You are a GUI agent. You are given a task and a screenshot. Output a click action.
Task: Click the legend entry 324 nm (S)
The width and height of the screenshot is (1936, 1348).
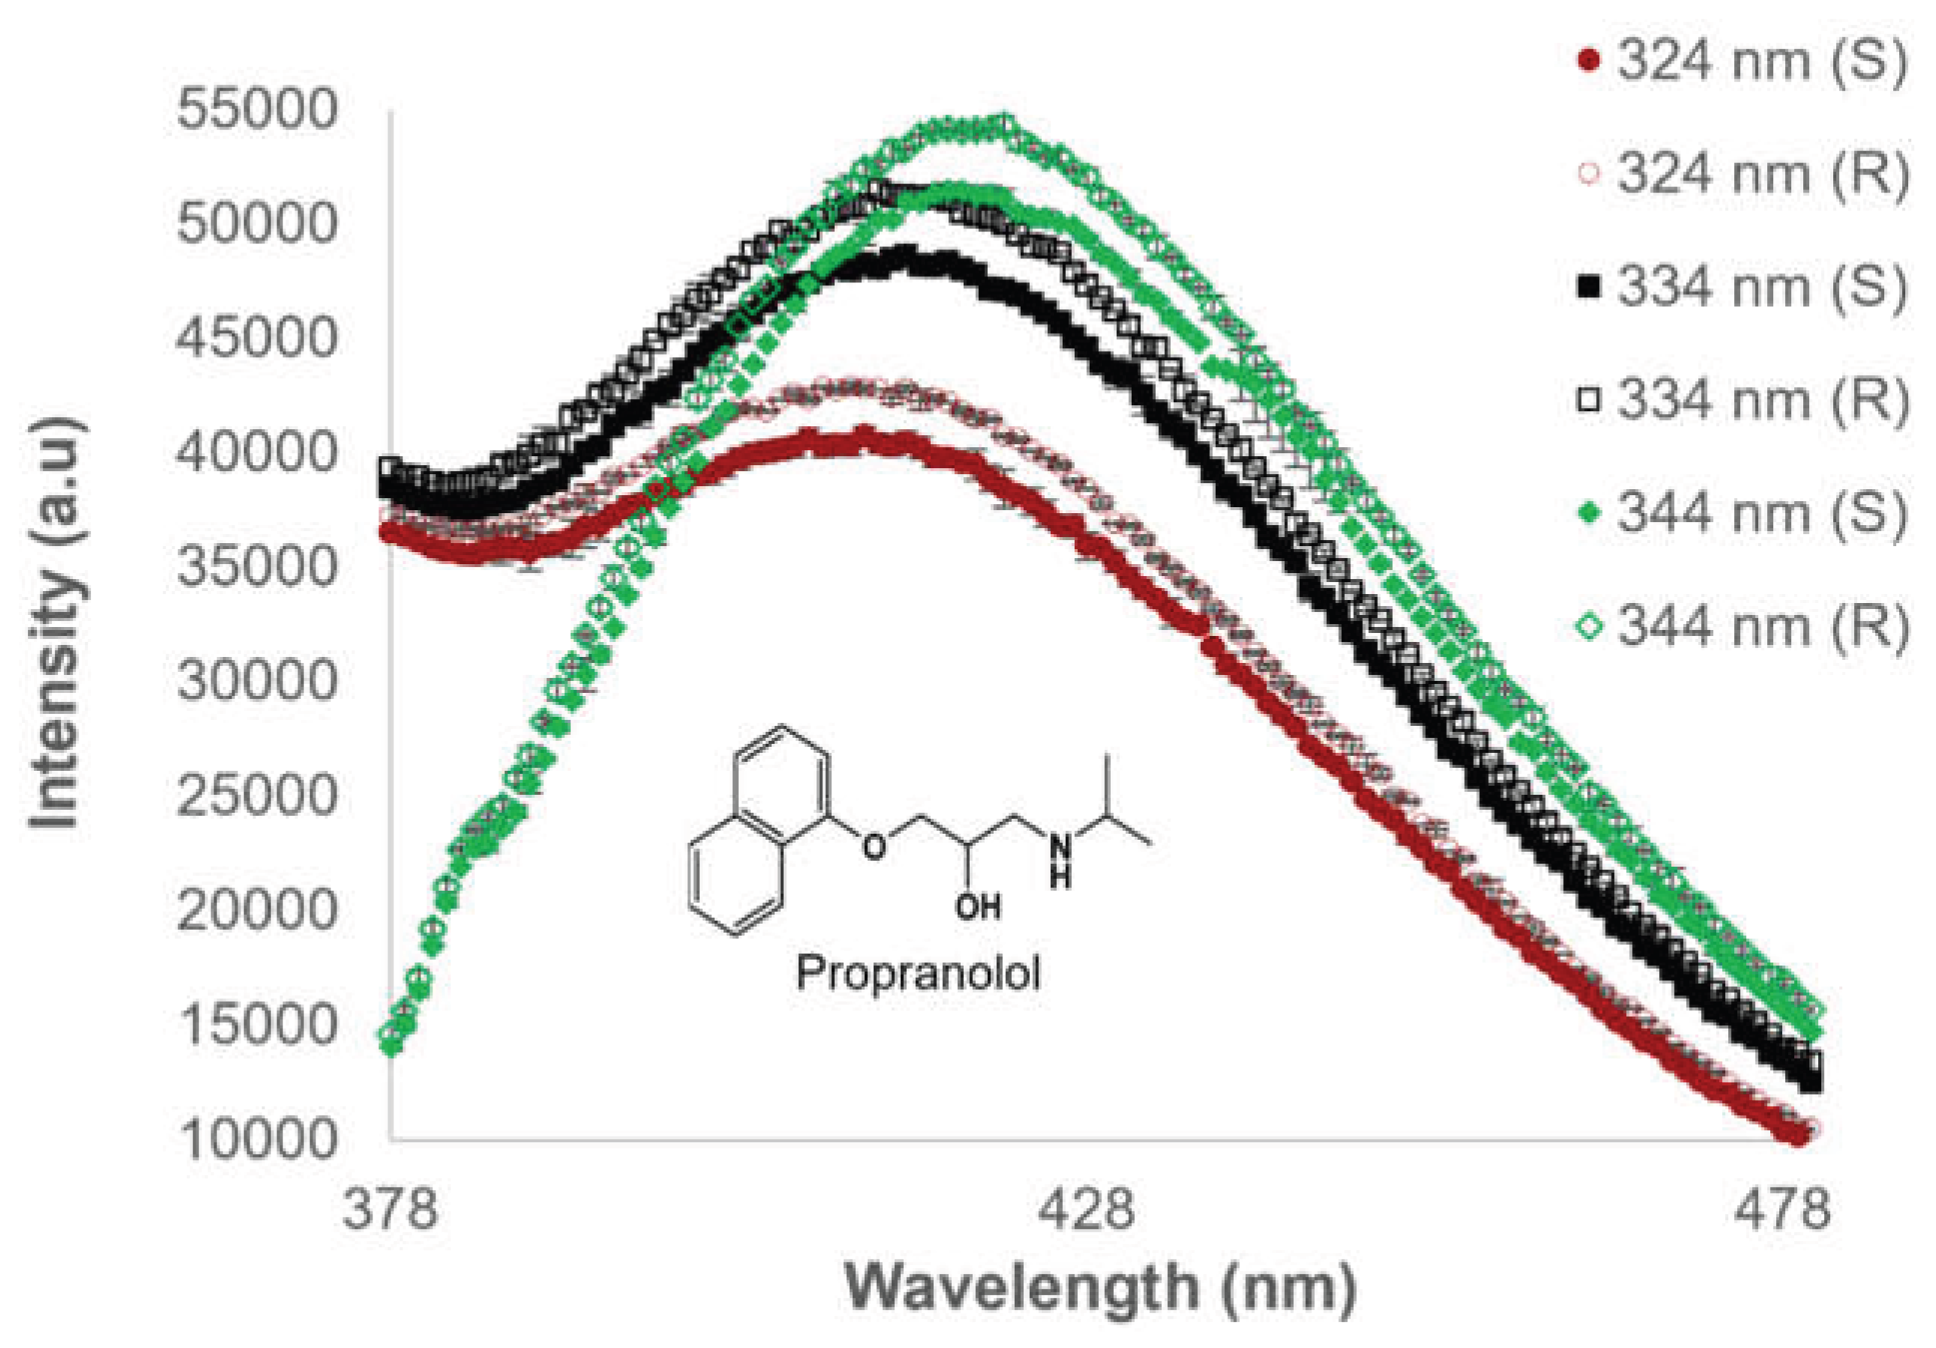pos(1742,61)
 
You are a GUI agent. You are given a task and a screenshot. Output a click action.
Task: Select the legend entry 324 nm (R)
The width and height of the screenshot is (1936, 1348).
pos(1742,175)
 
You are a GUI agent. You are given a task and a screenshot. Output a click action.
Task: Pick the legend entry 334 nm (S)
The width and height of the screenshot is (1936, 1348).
pos(1742,287)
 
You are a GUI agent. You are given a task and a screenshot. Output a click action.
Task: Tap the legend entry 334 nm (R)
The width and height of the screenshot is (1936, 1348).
pos(1742,399)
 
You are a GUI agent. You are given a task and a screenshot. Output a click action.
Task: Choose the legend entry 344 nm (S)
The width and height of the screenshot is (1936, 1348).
pos(1742,513)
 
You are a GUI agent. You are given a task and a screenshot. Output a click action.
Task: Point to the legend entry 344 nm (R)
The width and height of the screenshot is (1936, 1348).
pos(1742,626)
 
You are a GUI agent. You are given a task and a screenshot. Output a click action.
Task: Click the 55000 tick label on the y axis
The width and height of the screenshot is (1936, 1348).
pos(257,109)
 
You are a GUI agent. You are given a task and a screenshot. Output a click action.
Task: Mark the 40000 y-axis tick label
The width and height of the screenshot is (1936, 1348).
pos(257,453)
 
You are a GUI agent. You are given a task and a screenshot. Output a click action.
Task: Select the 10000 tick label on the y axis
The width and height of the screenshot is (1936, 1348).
pos(257,1139)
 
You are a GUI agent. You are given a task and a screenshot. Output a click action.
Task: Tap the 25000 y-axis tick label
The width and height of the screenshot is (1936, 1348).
pos(257,796)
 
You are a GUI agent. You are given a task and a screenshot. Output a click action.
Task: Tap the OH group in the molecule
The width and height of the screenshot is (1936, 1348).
pos(978,907)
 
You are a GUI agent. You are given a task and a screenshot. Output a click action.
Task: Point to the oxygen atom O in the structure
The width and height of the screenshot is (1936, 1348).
pos(875,845)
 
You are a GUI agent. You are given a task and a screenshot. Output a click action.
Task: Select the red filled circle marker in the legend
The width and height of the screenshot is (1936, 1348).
pos(1589,61)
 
